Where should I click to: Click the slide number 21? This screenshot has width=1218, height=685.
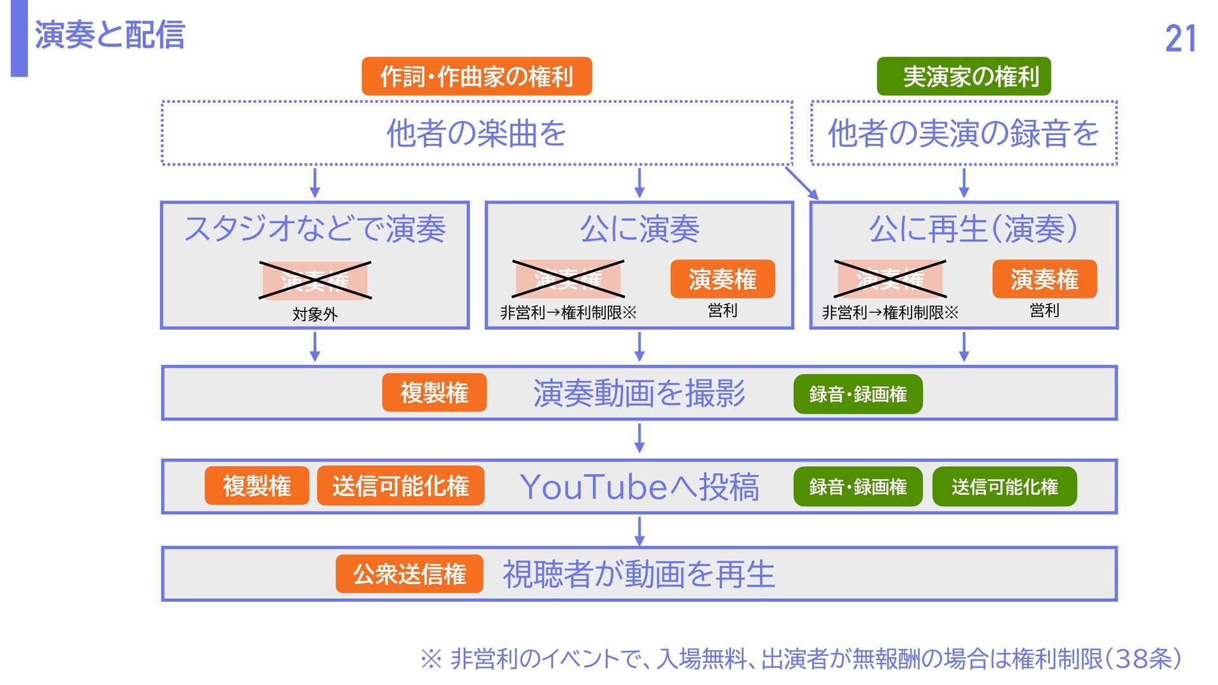click(x=1180, y=39)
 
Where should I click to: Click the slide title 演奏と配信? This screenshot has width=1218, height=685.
click(x=109, y=35)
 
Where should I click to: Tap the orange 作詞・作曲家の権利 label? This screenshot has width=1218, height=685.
click(x=476, y=77)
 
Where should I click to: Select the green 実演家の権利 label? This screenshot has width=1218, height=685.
click(x=964, y=77)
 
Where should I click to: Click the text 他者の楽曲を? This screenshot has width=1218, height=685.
click(x=476, y=133)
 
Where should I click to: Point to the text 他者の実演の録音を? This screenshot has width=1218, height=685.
click(x=964, y=133)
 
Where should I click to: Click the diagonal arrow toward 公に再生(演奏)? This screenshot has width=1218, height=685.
click(x=802, y=183)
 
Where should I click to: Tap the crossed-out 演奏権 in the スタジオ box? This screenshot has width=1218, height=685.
click(x=315, y=280)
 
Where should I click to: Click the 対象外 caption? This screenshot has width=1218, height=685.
click(x=315, y=314)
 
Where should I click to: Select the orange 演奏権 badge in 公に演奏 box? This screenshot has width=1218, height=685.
click(x=723, y=279)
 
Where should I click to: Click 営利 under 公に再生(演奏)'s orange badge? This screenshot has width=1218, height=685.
click(x=1044, y=310)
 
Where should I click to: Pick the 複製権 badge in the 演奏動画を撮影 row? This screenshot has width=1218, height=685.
click(x=434, y=393)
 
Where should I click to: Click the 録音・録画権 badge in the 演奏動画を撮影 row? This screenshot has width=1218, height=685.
click(x=858, y=394)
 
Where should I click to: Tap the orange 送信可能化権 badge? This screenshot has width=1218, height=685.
click(x=400, y=486)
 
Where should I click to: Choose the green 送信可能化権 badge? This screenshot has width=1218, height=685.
click(x=1004, y=486)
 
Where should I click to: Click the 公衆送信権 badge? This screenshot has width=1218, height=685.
click(x=409, y=574)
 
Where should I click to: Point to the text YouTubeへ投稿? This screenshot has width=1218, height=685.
click(x=639, y=487)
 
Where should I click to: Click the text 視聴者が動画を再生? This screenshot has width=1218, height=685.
click(x=639, y=574)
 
